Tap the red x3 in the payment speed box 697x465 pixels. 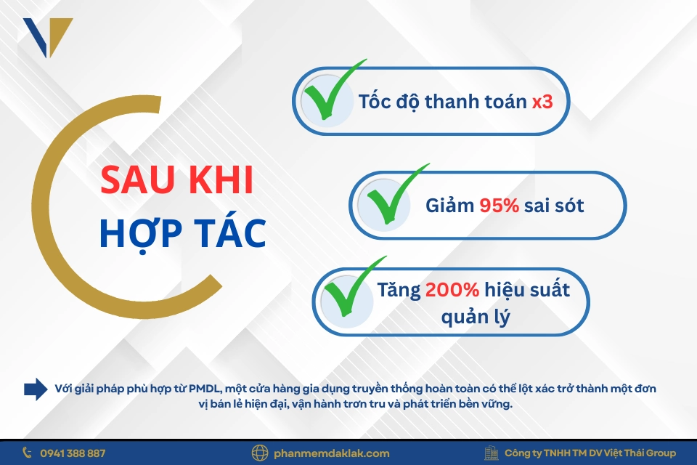pos(542,101)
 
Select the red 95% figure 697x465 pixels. pos(499,206)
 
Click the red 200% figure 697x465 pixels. pos(452,290)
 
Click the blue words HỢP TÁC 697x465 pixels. pos(182,232)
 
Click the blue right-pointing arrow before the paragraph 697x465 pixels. pos(36,389)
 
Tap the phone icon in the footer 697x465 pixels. pos(28,453)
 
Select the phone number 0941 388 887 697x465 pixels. pos(73,453)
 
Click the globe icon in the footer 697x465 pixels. pos(260,453)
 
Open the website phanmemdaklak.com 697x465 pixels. pos(332,453)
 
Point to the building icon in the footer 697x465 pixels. pos(492,453)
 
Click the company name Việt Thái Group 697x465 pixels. pos(639,453)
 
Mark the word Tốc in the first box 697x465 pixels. pos(373,101)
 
